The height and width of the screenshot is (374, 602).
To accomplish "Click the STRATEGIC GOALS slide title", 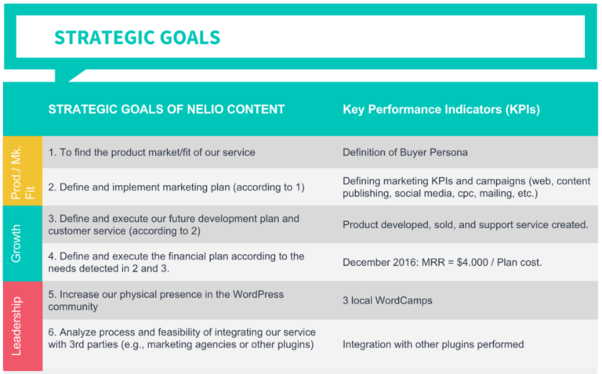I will tap(136, 38).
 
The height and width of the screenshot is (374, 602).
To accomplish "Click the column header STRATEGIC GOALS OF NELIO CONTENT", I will tap(166, 109).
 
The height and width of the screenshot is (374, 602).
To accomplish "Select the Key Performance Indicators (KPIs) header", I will tap(441, 109).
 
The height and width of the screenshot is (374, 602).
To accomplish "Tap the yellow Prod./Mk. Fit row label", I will tap(22, 170).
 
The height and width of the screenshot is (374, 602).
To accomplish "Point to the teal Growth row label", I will tap(22, 243).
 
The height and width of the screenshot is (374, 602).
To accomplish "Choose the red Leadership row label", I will tap(22, 325).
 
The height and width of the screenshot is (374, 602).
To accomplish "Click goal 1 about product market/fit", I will tap(151, 152).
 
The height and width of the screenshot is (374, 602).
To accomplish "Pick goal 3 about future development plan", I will tap(163, 224).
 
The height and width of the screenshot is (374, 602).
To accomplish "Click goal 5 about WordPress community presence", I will tap(165, 300).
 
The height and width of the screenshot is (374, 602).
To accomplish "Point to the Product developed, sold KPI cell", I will tap(465, 224).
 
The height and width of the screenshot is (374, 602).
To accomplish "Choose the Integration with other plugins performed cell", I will tap(433, 344).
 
